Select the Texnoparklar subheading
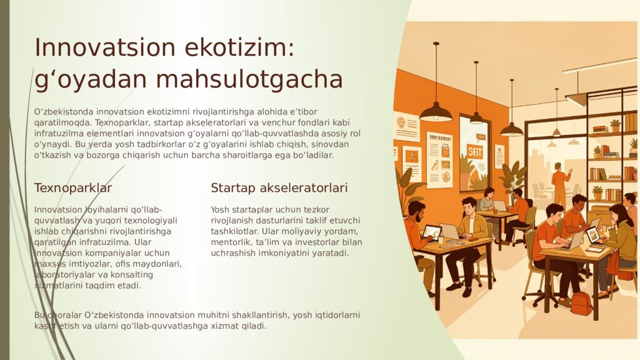pyautogui.click(x=73, y=188)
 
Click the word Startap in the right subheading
pyautogui.click(x=232, y=188)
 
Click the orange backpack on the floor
pyautogui.click(x=581, y=303)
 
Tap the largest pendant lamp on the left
pyautogui.click(x=436, y=111)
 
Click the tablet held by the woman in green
pyautogui.click(x=592, y=235)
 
